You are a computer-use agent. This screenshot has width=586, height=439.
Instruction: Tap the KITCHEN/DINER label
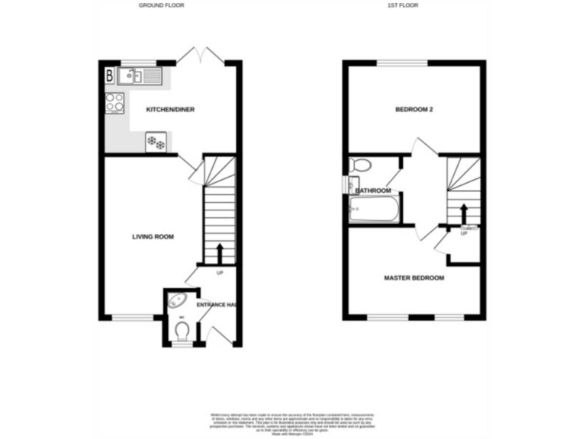coord(171,110)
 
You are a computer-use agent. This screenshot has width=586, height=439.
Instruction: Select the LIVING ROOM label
coord(153,237)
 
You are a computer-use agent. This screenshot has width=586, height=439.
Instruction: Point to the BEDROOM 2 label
coord(414,110)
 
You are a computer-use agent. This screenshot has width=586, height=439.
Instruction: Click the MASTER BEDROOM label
coord(414,278)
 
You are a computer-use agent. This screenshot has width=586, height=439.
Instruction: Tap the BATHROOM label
coord(375,191)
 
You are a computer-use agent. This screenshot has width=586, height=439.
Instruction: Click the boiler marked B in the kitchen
coord(110,75)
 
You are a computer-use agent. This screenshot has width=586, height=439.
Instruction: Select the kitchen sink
coord(138,75)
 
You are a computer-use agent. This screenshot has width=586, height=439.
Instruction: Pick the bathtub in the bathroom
coord(374,209)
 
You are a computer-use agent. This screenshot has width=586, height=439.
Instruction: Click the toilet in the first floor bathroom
coord(360,165)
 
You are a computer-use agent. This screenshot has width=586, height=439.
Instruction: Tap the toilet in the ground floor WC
coord(182,330)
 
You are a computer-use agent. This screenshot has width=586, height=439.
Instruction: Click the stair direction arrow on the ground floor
coord(221,252)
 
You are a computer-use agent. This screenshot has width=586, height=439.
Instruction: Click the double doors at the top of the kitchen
coord(200,55)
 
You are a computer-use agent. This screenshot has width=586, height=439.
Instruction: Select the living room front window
coord(133,317)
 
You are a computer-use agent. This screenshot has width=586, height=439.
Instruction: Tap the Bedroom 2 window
coord(407,62)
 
